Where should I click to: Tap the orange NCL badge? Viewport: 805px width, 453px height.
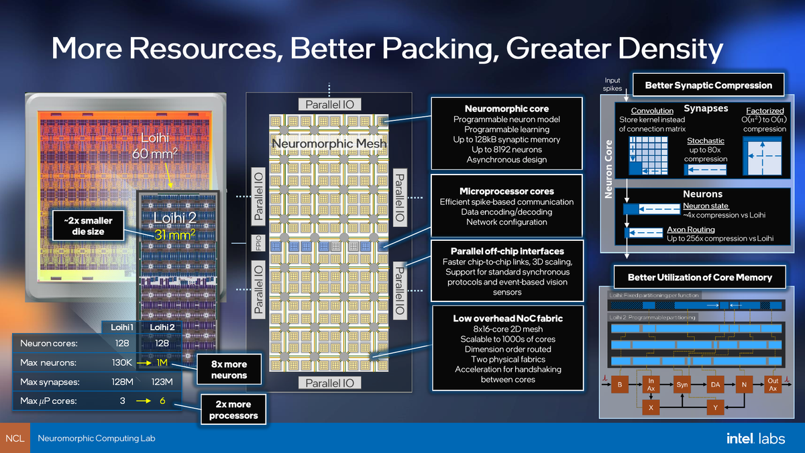click(15, 438)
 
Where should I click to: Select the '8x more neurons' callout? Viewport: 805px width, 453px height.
click(229, 370)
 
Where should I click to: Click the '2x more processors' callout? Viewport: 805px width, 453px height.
click(229, 409)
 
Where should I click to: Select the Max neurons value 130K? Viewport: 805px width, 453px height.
click(123, 362)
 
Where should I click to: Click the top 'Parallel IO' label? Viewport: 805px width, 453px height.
click(333, 104)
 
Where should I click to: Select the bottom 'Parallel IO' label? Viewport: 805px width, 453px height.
click(333, 383)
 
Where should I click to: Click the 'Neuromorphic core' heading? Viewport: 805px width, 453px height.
click(506, 108)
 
